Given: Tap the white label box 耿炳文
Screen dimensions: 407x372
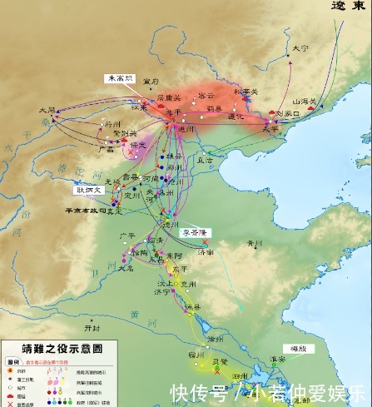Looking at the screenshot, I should coord(89,190).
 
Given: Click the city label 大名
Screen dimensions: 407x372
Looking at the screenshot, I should coord(125,270).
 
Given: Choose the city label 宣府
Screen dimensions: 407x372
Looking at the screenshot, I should coord(151,82).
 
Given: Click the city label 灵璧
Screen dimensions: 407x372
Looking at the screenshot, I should coord(221,363).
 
